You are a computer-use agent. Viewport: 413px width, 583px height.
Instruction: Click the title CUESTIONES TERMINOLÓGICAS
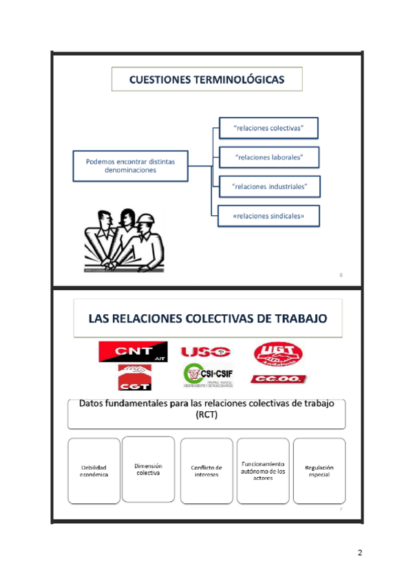point(206,80)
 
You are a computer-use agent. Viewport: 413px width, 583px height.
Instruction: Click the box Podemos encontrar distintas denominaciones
point(130,166)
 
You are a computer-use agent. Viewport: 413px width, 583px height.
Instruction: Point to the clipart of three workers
point(125,241)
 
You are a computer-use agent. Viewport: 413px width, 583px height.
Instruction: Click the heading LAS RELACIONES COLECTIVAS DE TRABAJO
point(206,318)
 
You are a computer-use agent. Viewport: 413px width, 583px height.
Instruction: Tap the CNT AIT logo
point(131,352)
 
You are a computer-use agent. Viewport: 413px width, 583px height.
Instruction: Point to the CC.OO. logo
point(279,379)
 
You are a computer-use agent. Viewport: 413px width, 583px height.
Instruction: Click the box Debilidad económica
point(94,471)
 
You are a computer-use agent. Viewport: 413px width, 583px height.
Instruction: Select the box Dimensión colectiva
point(148,469)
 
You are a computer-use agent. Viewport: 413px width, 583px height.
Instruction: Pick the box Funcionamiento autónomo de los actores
point(263,470)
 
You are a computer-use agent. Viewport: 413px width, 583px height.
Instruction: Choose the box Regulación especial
point(319,471)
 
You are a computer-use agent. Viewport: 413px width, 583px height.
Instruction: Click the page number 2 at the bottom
point(359,553)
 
